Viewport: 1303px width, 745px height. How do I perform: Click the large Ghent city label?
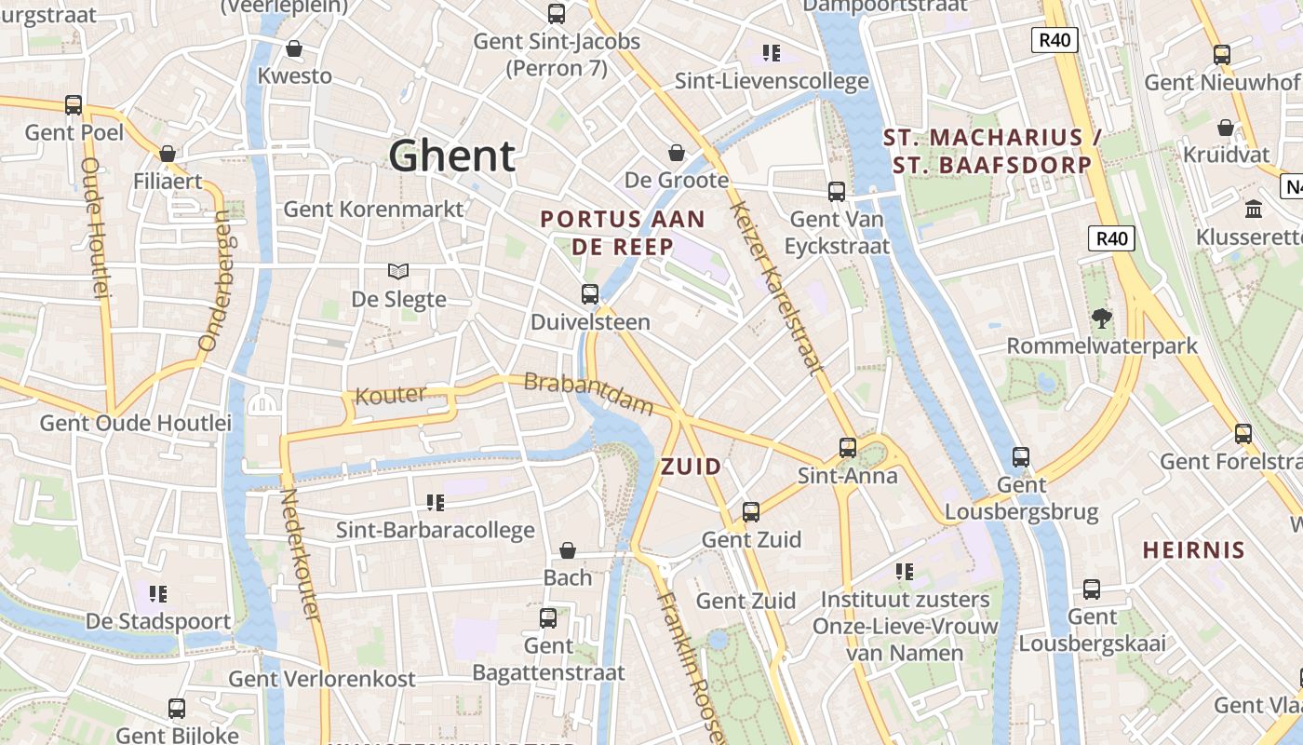tap(451, 156)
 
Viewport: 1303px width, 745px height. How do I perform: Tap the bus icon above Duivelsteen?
tap(589, 294)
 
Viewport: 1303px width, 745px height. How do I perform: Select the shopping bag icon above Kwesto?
tap(294, 48)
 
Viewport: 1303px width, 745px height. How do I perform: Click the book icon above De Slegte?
tap(398, 271)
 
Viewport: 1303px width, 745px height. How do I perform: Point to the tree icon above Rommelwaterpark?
tap(1102, 318)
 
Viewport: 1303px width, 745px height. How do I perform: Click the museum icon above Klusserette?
tap(1253, 209)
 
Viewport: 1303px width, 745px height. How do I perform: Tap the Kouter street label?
tap(390, 395)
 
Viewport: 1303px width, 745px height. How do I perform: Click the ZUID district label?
tap(691, 467)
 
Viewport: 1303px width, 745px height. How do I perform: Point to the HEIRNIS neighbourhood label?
tap(1193, 549)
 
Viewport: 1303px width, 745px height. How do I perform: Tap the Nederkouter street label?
tap(300, 555)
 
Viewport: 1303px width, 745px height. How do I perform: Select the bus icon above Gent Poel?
tap(74, 105)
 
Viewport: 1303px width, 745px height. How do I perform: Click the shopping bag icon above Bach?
tap(568, 550)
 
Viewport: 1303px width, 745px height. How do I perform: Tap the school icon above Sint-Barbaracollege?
tap(435, 503)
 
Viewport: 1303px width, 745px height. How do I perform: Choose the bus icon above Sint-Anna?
tap(847, 448)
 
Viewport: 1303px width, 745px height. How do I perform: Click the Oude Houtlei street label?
tap(96, 227)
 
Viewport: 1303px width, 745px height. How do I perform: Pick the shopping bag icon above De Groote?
tap(677, 153)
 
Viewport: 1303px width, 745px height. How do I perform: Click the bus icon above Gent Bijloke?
tap(177, 709)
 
